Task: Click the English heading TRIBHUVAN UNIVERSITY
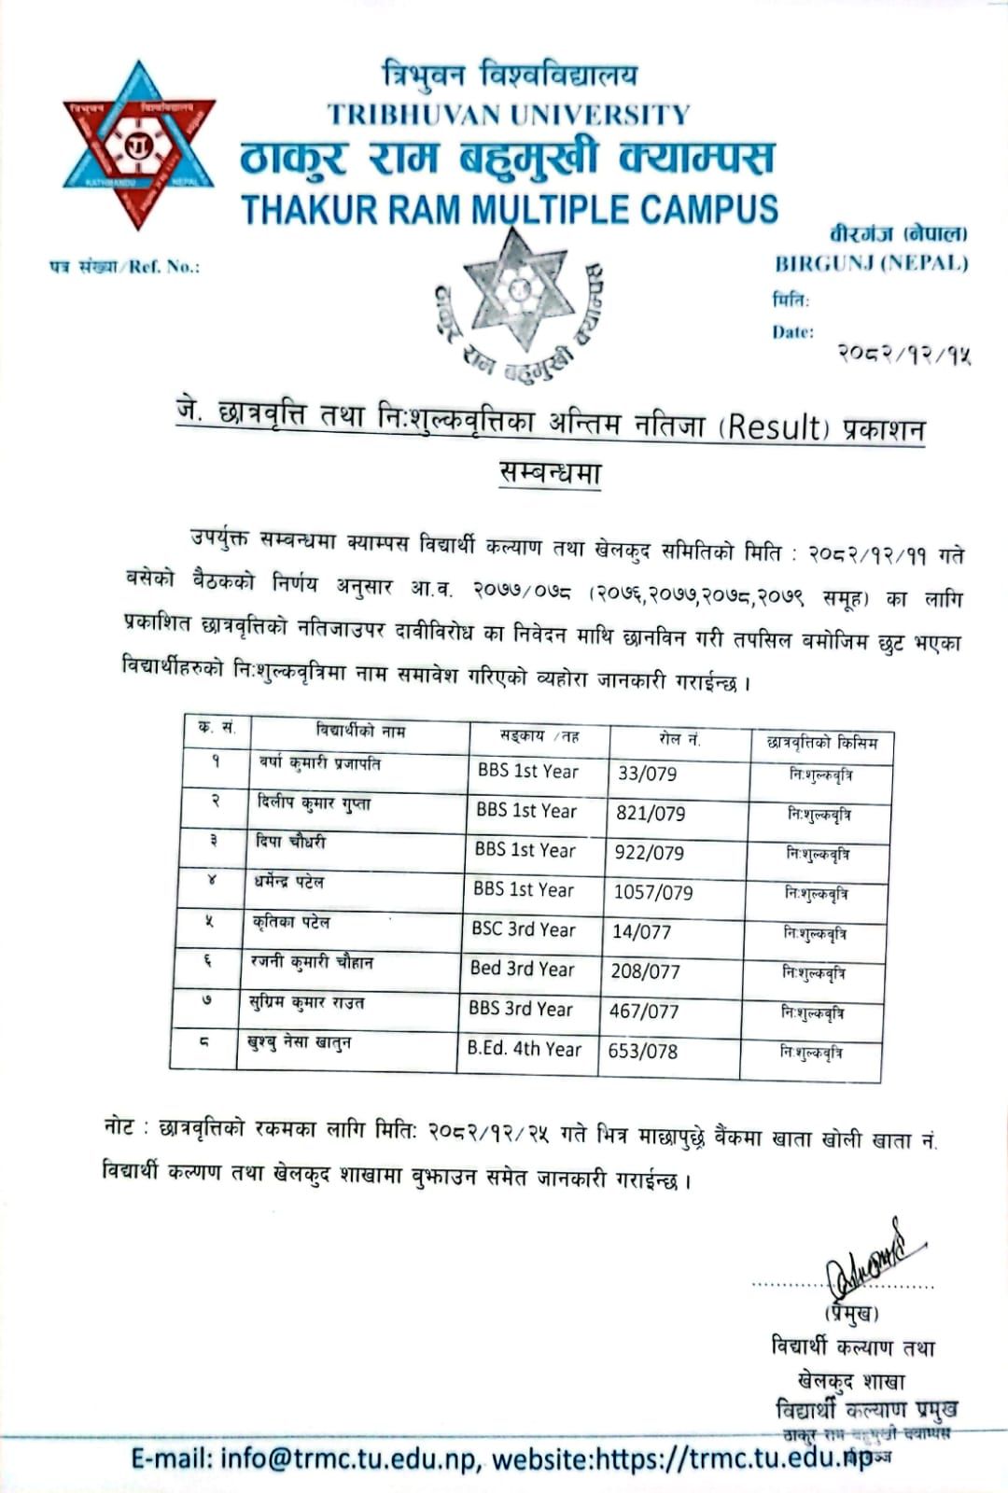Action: coord(509,115)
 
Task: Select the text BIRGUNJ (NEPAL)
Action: coord(871,263)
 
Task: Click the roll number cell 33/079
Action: coord(647,774)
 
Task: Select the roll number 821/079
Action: coord(650,814)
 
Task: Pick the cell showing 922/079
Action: coord(649,853)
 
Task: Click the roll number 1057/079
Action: coord(652,893)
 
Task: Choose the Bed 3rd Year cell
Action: coord(522,970)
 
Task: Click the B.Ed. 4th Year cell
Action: coord(524,1049)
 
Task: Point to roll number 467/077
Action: coord(644,1011)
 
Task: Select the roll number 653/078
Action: coord(642,1051)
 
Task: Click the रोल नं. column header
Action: coord(679,740)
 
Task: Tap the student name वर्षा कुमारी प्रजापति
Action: coord(319,764)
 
